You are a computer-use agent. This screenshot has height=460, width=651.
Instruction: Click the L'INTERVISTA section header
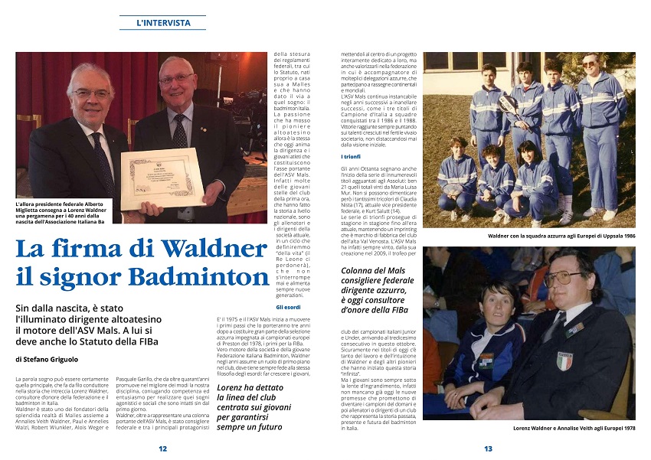[163, 23]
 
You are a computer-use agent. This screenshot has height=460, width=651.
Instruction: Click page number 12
[162, 449]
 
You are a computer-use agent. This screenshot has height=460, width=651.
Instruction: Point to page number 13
[488, 449]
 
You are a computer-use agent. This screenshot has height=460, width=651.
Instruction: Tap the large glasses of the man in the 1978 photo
[558, 277]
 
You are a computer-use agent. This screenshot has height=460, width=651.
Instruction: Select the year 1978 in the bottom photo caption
[625, 429]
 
